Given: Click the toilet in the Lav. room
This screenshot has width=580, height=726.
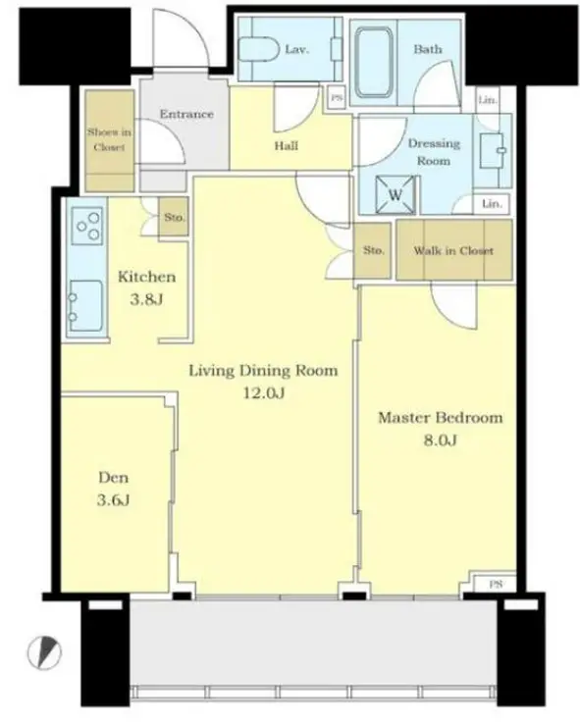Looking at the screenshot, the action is point(258,49).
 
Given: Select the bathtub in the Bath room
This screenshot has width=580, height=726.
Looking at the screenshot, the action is point(373,62).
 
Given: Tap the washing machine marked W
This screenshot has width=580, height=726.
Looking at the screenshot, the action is point(395,194).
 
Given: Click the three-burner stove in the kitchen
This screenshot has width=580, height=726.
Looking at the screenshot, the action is point(87,225).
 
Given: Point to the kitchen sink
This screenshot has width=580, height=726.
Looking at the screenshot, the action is point(85,306).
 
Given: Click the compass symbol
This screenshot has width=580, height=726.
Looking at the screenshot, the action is point(44,652).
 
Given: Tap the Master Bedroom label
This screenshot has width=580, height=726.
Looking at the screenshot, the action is point(440,418).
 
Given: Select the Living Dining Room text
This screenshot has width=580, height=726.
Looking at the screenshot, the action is point(263,371).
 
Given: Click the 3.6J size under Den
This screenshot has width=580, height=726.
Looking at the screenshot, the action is point(113,500).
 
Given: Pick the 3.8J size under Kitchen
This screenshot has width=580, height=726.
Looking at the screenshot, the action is point(146,299).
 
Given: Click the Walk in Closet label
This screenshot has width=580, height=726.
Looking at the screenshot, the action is point(453,250).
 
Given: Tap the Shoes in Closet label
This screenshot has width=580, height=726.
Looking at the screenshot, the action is point(109,139).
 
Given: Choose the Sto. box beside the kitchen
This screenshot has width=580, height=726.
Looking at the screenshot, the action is point(174,217).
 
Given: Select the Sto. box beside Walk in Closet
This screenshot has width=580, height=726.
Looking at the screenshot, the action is point(373,250).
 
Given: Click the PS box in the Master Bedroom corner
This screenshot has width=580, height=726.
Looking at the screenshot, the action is point(496,585).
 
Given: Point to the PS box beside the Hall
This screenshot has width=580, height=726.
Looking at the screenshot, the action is point(337,98).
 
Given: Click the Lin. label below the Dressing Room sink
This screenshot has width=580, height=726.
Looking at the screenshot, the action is point(491,204).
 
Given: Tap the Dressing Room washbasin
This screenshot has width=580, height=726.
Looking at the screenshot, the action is point(492,150).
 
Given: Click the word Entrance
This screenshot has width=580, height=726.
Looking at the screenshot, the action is point(186,114).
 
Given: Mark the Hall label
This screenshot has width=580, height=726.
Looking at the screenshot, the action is point(287,146).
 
